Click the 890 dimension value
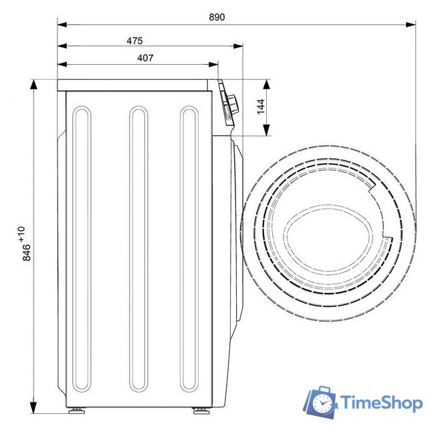pos(217,17)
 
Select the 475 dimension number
pos(134,41)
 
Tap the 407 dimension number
pos(145,58)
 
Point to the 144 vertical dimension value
pos(261,106)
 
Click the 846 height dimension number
pos(27,252)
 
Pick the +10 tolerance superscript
pos(21,234)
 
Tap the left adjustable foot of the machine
pos(76,411)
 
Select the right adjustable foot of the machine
pos(201,411)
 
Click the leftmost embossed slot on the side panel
pos(82,249)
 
